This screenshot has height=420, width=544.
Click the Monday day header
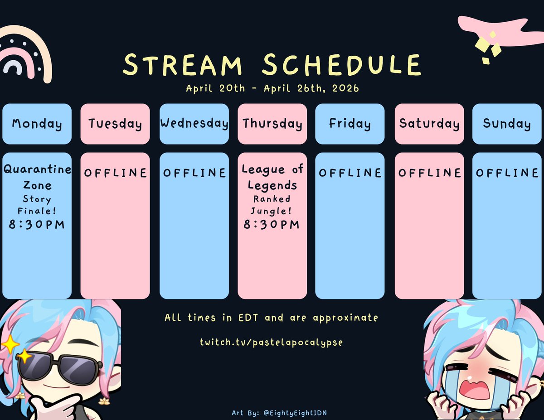click(37, 124)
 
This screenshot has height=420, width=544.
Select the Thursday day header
click(272, 124)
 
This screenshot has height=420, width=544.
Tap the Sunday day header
click(507, 124)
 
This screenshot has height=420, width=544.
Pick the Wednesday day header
click(194, 124)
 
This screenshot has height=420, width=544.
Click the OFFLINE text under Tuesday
click(115, 173)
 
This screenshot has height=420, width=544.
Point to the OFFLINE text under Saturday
click(429, 173)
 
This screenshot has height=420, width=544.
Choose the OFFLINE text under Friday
click(350, 173)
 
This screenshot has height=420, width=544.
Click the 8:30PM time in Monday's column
click(37, 224)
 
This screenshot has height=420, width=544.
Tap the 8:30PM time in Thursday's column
click(272, 224)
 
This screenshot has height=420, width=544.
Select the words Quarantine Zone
click(37, 177)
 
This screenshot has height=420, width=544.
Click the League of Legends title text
click(272, 177)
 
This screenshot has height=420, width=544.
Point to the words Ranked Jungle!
click(272, 205)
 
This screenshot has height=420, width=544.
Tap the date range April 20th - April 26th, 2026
click(272, 88)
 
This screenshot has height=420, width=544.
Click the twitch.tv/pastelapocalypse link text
click(272, 342)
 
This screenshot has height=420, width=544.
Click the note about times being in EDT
click(272, 318)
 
